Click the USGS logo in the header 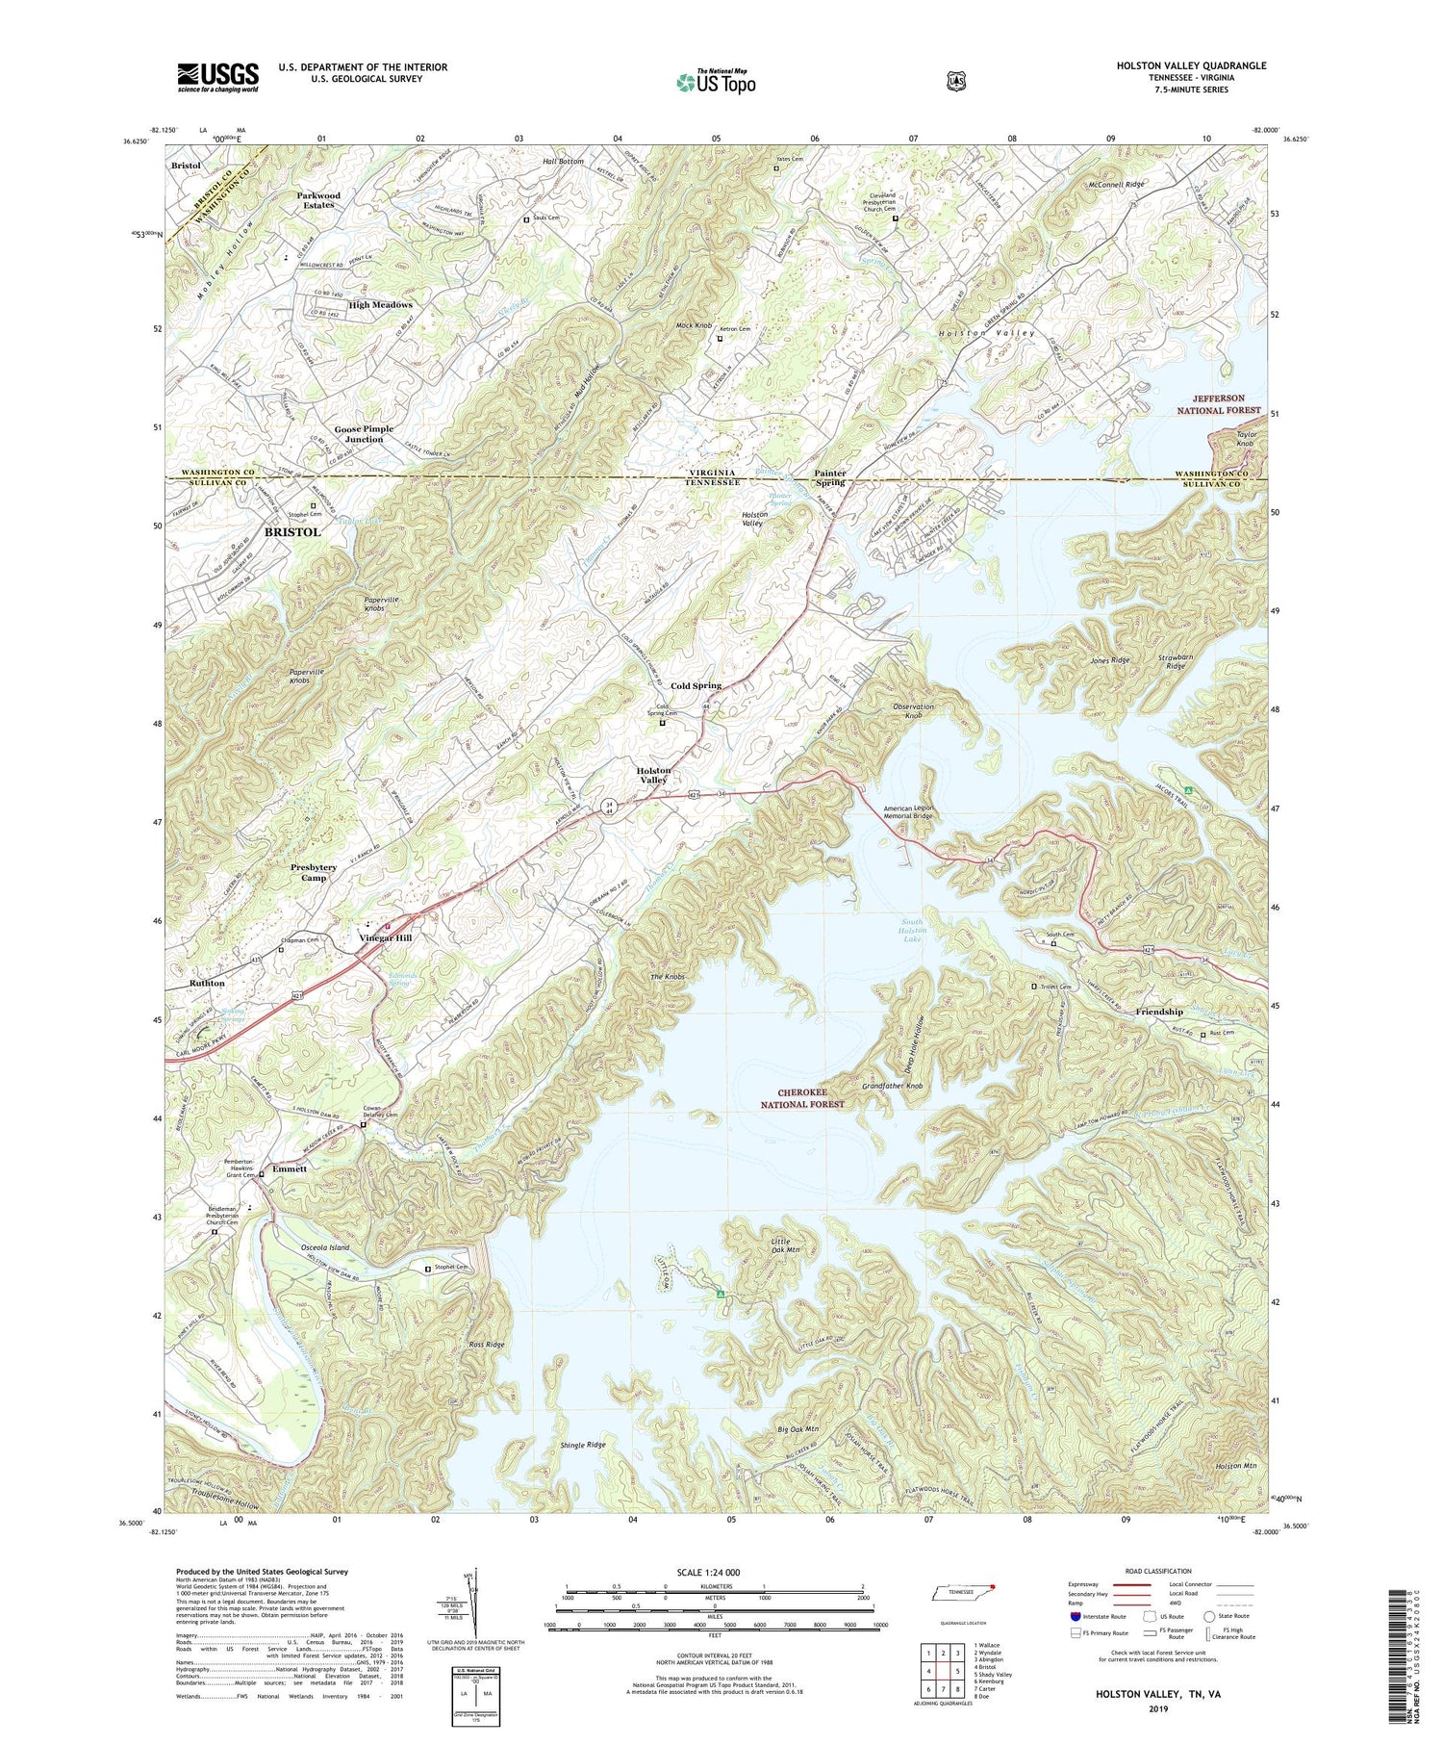coord(217,77)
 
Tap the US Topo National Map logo coord(716,82)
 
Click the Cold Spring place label coord(696,685)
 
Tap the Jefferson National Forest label coord(1219,403)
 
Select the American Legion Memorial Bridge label coord(908,811)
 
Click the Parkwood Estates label coord(317,199)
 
